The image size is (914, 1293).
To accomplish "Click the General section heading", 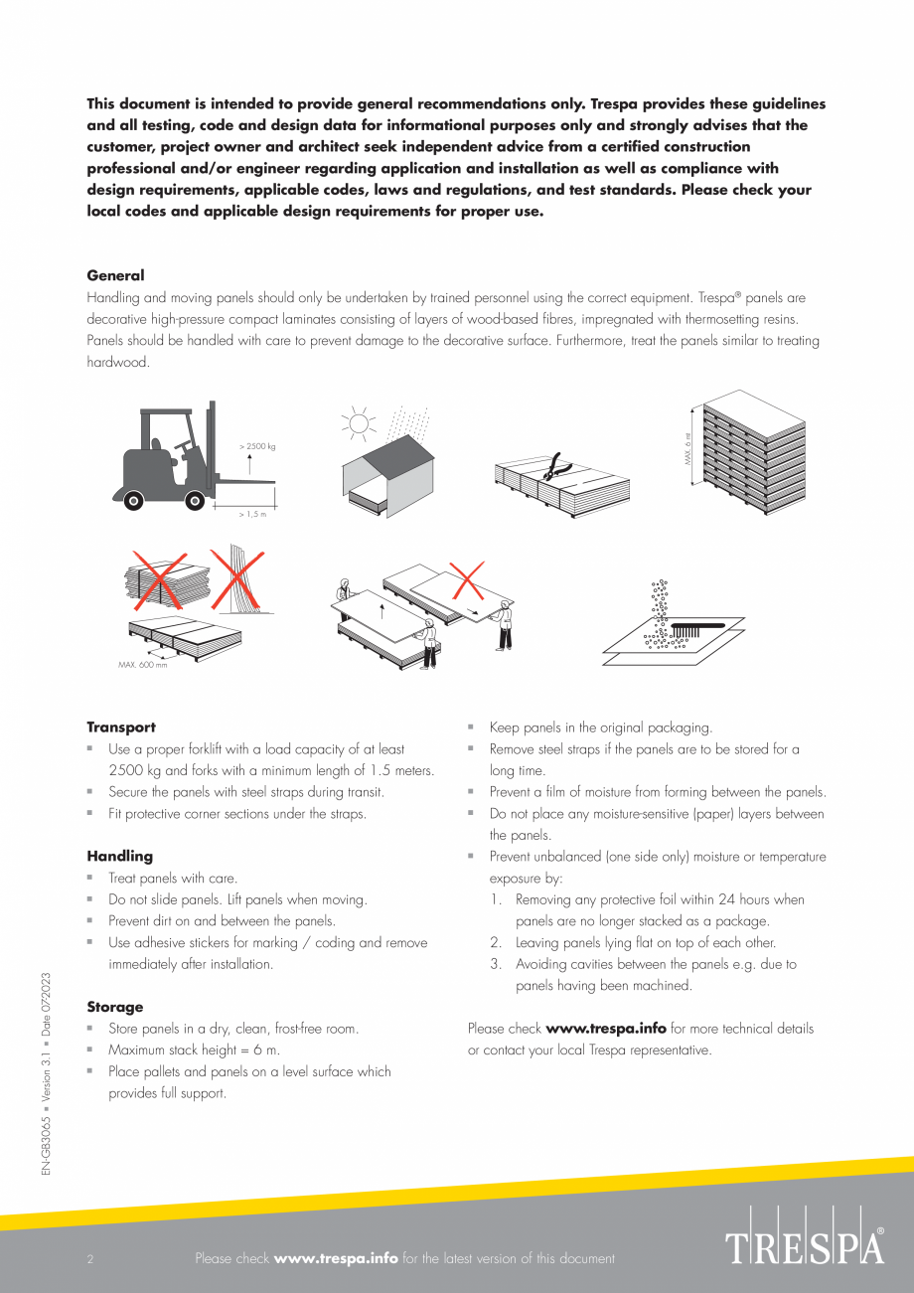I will tap(115, 275).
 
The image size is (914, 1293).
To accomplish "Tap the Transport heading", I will tap(121, 727).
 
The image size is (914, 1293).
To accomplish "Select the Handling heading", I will tap(119, 856).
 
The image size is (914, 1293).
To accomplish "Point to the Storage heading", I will tap(114, 1007).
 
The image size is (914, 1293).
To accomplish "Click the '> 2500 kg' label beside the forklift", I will tap(257, 446).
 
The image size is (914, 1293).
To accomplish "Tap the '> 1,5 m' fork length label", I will tap(253, 514).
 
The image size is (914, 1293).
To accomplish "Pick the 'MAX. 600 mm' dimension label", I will tap(143, 664).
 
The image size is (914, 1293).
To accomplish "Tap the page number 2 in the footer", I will tap(90, 1259).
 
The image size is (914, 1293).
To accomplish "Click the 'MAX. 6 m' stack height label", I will tap(686, 458).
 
